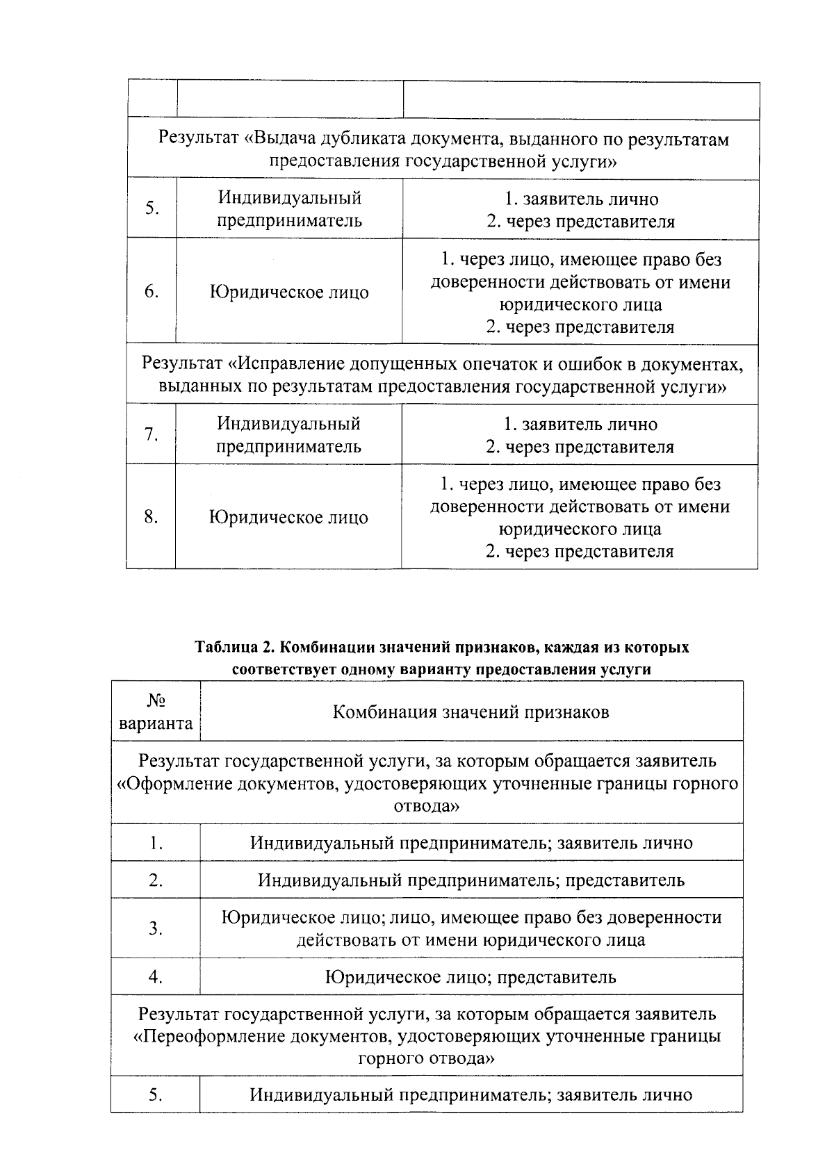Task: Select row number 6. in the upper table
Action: click(x=152, y=292)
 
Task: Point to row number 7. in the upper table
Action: click(x=151, y=435)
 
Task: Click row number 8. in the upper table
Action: click(x=151, y=517)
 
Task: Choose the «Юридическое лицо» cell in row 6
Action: click(x=289, y=293)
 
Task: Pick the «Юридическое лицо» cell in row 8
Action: click(x=288, y=518)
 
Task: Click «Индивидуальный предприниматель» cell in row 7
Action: click(x=288, y=435)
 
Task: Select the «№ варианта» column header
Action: click(x=156, y=712)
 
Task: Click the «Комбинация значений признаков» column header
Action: click(x=471, y=712)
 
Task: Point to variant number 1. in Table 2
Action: click(x=156, y=844)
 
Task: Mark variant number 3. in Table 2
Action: click(x=156, y=928)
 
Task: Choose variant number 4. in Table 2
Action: click(x=155, y=978)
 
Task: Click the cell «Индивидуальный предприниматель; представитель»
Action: click(x=471, y=880)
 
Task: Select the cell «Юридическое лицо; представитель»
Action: click(x=471, y=978)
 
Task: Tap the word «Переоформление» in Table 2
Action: click(x=211, y=1036)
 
